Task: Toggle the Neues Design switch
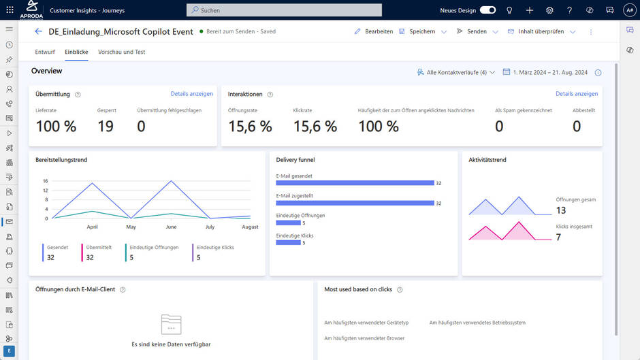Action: tap(487, 10)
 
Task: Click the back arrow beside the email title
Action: tap(38, 31)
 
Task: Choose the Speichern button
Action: tap(417, 31)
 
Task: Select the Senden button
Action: tap(472, 31)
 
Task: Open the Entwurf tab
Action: tap(45, 52)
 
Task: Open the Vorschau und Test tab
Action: tap(121, 52)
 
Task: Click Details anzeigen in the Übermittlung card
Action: tap(191, 94)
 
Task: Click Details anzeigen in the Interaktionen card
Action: tap(577, 94)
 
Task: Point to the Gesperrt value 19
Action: tap(105, 127)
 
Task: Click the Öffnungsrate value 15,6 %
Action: tap(250, 127)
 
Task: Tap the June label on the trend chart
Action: tap(171, 227)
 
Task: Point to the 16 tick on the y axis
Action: tap(45, 181)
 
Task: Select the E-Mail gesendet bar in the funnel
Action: tap(355, 182)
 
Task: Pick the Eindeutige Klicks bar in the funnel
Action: tap(289, 242)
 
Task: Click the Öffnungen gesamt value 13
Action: tap(561, 210)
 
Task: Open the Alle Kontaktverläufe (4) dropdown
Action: tap(456, 72)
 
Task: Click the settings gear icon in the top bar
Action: tap(549, 10)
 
